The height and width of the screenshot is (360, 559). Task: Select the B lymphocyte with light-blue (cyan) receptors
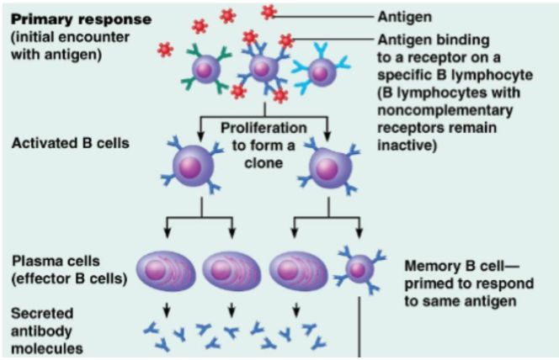point(321,72)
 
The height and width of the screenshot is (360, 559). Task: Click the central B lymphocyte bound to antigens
point(264,68)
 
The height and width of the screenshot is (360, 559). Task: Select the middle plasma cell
point(228,270)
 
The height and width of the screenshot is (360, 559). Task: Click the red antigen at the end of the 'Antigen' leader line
point(269,12)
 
